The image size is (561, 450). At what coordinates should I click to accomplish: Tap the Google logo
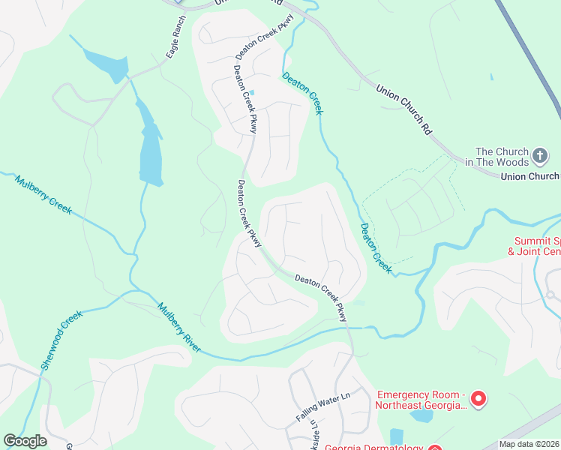coord(25,441)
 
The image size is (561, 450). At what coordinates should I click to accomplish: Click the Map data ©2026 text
coord(529,444)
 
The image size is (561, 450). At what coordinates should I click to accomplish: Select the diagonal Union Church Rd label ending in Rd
coord(404,108)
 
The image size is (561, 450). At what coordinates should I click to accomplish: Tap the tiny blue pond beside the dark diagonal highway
coord(491,76)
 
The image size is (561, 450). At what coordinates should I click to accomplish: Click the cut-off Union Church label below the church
coord(529,176)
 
